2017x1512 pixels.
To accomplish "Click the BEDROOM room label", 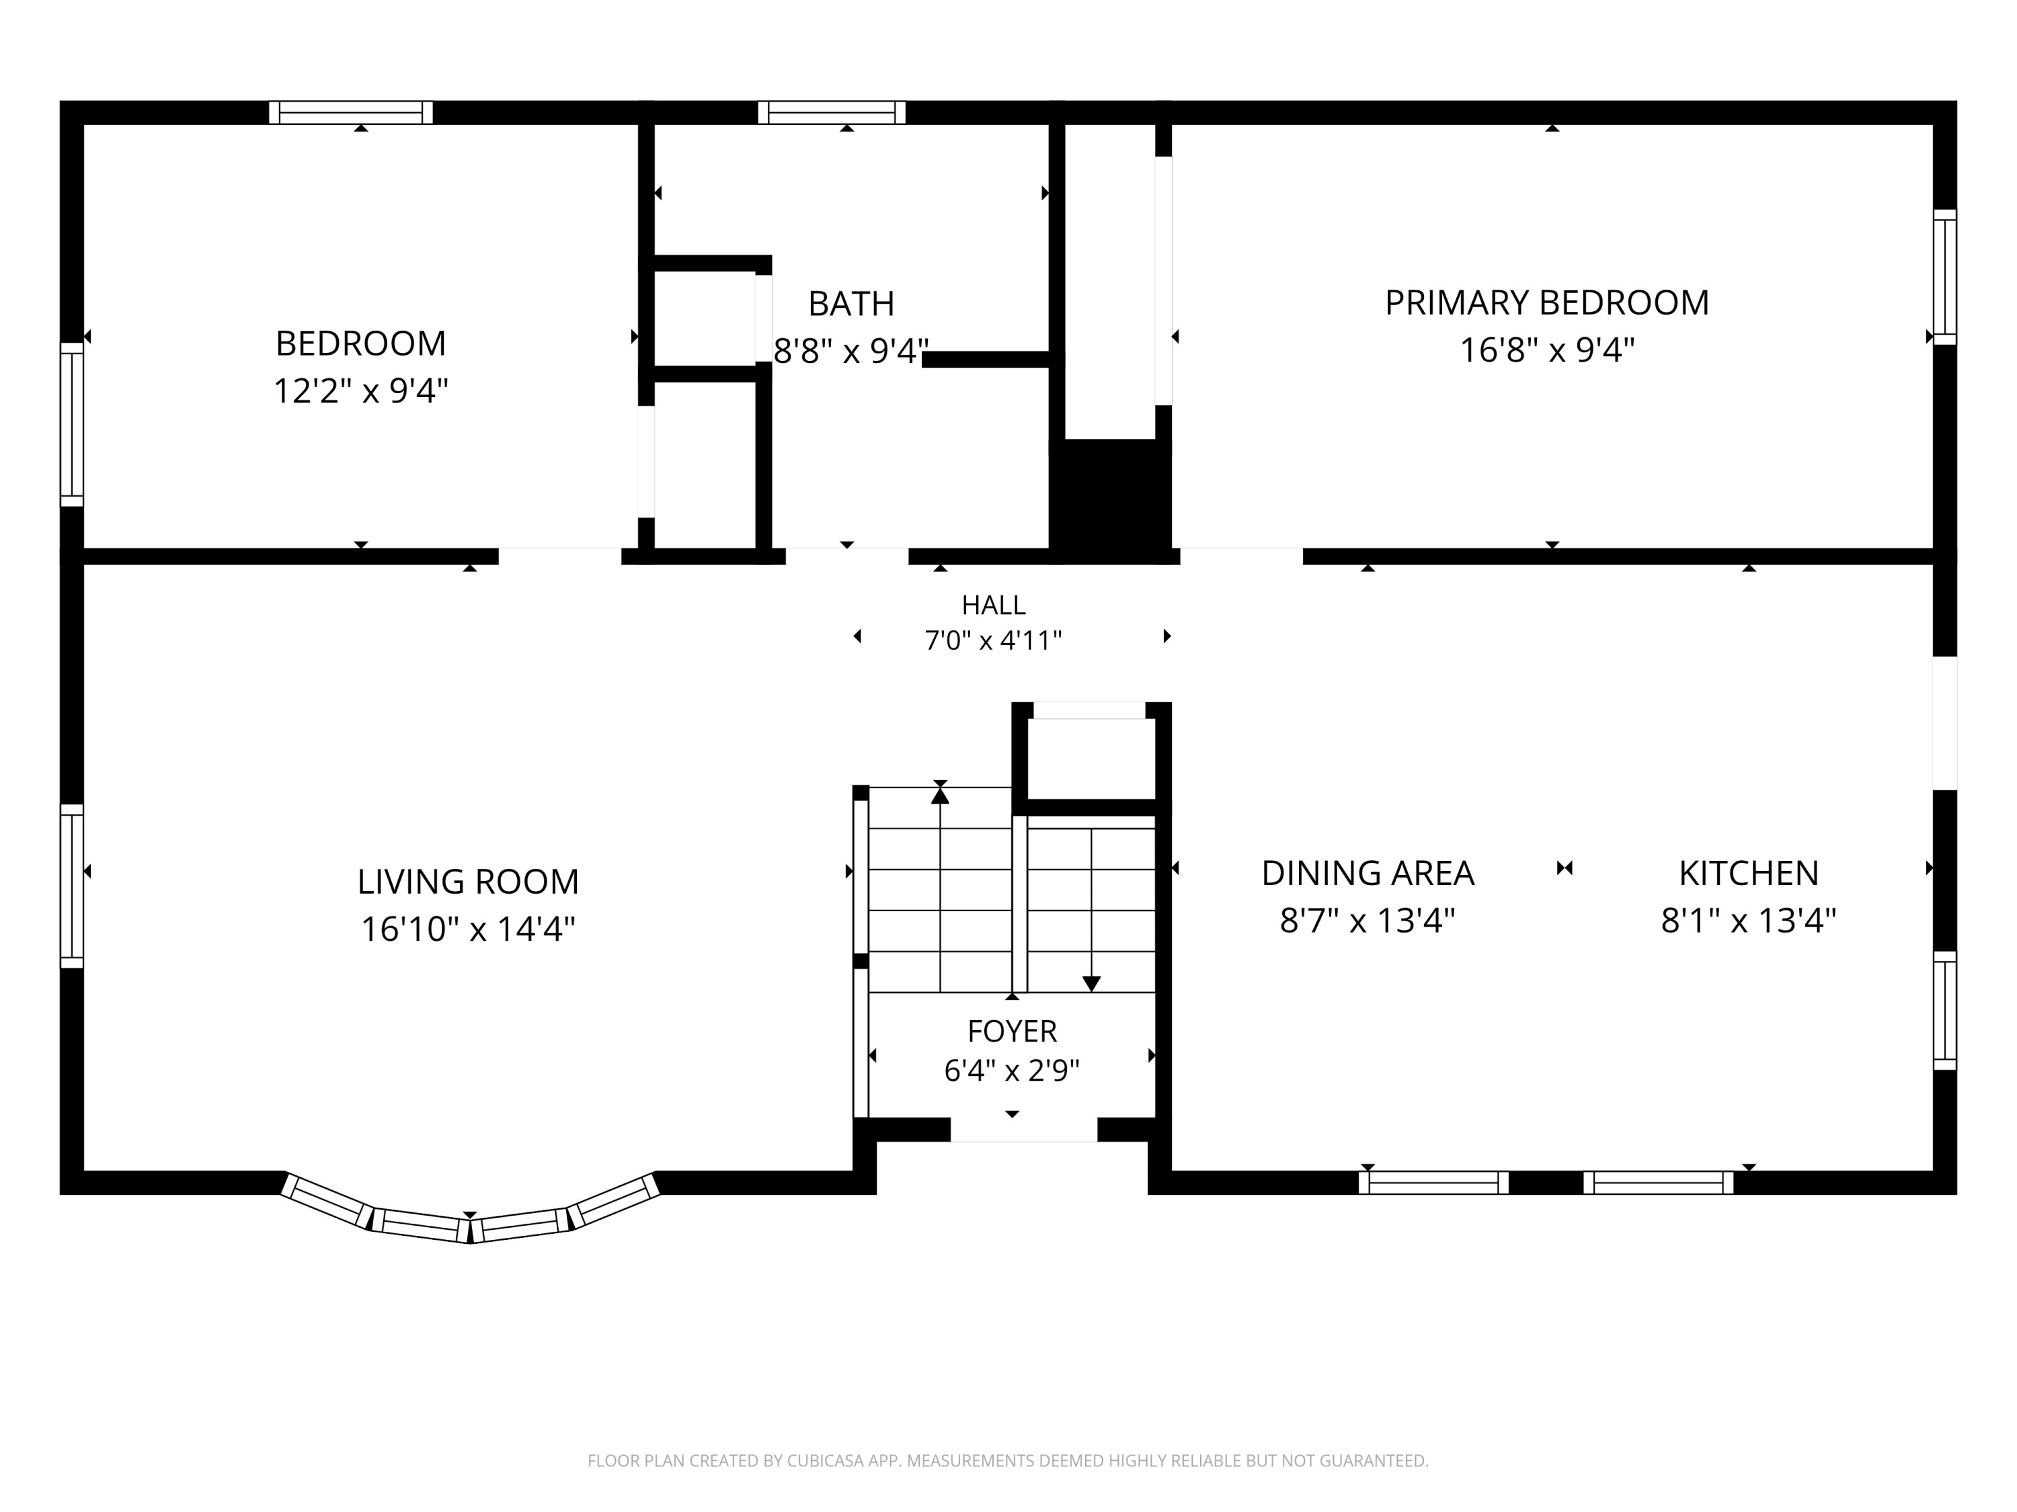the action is (361, 343).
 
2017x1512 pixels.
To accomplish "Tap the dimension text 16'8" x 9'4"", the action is (1548, 350).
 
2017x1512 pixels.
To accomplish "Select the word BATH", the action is (851, 304).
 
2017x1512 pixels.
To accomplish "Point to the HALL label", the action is (993, 605).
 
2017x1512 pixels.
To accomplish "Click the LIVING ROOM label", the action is (468, 881).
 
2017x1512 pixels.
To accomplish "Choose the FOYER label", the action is (1012, 1031).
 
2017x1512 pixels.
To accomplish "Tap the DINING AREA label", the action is (1368, 873).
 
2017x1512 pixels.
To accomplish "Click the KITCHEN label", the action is (1749, 873).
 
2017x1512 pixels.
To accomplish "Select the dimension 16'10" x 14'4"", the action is (468, 929).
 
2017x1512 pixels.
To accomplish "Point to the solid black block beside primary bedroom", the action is (1111, 497).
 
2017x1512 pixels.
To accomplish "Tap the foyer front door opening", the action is (1024, 1129).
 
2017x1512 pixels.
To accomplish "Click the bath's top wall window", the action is (832, 112).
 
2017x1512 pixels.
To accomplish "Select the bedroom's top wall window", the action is (351, 112).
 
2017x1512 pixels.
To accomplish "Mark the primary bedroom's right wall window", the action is (1945, 277).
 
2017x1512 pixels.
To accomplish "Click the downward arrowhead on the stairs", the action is (1091, 983).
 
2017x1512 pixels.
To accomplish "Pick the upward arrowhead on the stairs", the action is (940, 796).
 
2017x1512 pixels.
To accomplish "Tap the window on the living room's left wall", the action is (72, 886).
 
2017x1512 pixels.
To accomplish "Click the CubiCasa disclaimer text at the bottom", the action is (1008, 1461).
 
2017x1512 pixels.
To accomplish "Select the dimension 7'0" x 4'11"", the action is (993, 640).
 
